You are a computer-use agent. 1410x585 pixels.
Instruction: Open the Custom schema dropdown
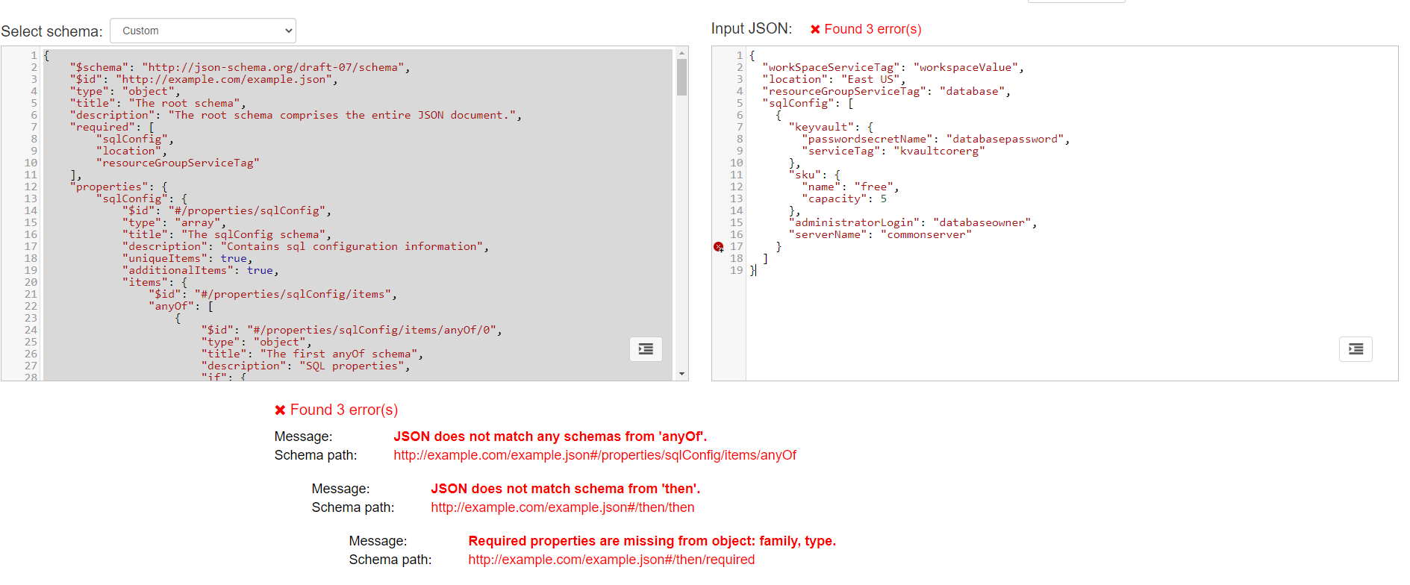pos(203,31)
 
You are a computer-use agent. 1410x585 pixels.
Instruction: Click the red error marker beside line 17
pos(718,247)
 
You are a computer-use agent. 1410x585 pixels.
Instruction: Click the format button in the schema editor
pos(646,348)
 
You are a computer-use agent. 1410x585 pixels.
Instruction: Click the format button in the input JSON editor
pos(1356,348)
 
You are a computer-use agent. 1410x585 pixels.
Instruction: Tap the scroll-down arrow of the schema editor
pos(681,374)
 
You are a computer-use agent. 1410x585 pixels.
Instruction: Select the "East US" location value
pos(870,80)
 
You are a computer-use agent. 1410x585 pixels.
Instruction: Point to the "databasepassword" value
pos(1005,140)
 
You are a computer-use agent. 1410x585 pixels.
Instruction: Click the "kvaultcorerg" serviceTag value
pos(939,151)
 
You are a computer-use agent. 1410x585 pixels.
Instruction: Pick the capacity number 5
pos(883,199)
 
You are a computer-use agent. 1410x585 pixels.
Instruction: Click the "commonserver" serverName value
pos(926,235)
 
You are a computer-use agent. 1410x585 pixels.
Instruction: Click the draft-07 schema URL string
pos(273,68)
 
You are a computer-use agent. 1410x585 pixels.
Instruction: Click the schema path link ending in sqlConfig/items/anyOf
pos(595,455)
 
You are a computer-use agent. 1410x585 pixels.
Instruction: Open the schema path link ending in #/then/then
pos(562,507)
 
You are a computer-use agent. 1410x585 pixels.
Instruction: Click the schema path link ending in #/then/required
pos(611,560)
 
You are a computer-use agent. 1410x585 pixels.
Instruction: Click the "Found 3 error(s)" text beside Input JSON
pos(872,29)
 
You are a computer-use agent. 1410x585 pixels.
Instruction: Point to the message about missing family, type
pos(652,541)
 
